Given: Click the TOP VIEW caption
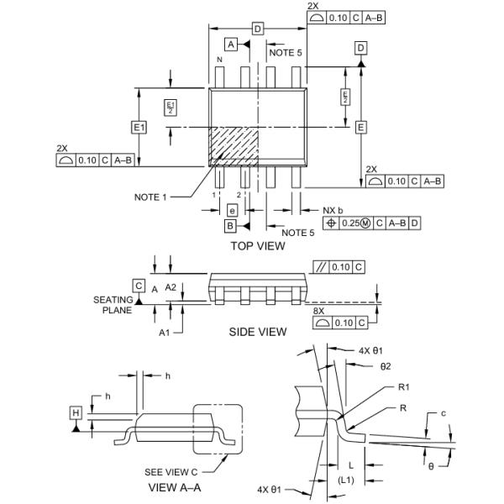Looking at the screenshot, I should (258, 246).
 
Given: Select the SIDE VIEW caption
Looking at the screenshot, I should (258, 332).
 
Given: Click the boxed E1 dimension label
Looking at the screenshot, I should (139, 127).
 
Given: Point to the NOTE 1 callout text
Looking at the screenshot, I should (150, 197).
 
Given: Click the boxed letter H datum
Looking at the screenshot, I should (76, 413).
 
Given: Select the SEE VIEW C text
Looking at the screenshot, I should (171, 470).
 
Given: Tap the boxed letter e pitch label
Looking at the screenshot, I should (232, 210).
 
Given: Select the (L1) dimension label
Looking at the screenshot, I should (345, 479).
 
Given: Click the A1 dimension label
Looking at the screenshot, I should (165, 333).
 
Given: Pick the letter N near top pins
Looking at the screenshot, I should (220, 60).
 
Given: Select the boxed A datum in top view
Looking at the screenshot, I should (231, 43).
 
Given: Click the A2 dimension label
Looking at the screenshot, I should (171, 287).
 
